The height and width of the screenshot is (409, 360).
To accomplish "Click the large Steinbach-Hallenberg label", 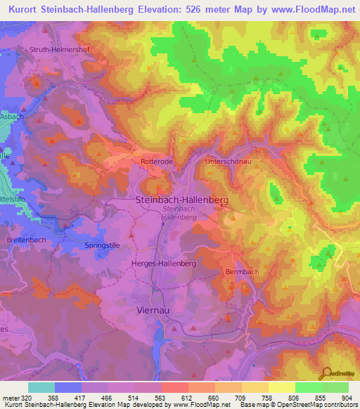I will [181, 200].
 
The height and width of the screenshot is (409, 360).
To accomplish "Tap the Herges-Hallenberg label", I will [163, 262].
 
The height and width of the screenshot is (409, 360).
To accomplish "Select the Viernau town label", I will [154, 309].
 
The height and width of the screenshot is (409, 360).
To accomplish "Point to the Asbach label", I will [12, 117].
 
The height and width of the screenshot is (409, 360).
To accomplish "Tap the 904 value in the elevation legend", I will [347, 398].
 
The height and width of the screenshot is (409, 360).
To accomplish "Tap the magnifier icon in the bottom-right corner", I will [326, 373].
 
